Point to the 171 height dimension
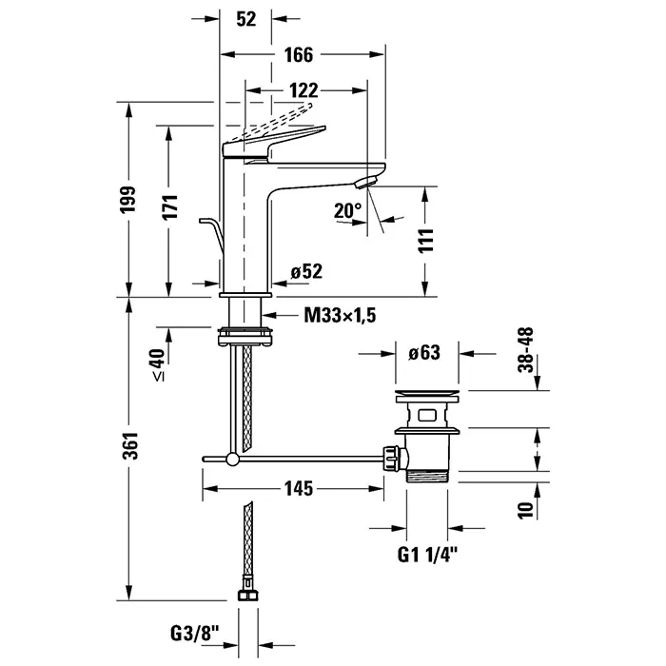click(x=171, y=202)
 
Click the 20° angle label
click(x=348, y=209)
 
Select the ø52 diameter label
click(x=307, y=272)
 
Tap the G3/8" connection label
click(x=194, y=631)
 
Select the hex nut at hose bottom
click(x=246, y=597)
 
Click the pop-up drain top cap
click(x=428, y=392)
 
